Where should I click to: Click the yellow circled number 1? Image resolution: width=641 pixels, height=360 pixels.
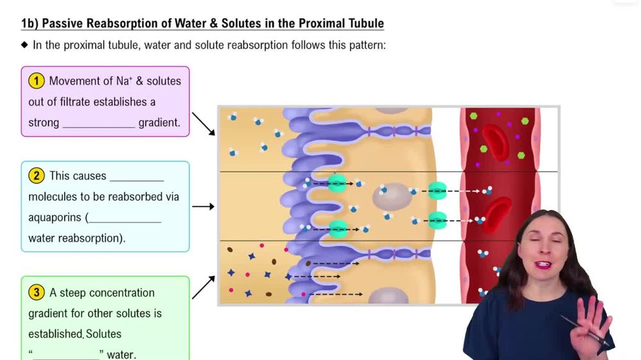click(37, 81)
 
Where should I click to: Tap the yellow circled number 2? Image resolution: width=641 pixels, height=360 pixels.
click(37, 176)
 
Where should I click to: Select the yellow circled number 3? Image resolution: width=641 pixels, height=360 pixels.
click(37, 293)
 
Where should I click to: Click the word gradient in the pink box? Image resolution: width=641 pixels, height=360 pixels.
click(159, 122)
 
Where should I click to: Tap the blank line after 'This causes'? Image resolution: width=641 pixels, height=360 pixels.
click(137, 178)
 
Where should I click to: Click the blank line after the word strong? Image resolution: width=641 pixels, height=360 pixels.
click(99, 126)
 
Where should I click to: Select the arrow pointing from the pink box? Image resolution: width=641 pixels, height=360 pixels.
click(204, 124)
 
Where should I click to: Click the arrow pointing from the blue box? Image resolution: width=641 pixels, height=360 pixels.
click(203, 206)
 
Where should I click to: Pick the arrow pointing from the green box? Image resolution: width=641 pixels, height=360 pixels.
click(203, 288)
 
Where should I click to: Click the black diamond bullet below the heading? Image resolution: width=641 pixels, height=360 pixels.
click(25, 45)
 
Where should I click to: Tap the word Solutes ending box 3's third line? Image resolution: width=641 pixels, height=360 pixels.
click(103, 334)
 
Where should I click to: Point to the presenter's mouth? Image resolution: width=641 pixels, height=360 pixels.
click(544, 265)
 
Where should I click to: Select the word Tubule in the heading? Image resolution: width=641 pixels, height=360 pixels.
click(363, 24)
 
